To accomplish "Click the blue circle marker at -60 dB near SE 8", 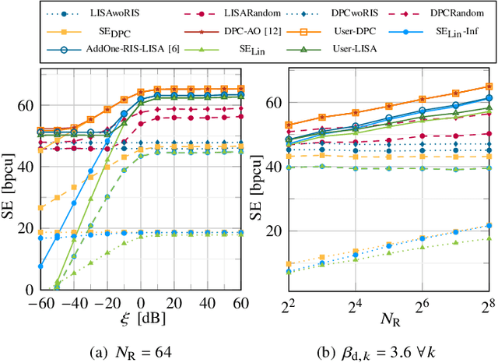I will [x=40, y=266].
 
